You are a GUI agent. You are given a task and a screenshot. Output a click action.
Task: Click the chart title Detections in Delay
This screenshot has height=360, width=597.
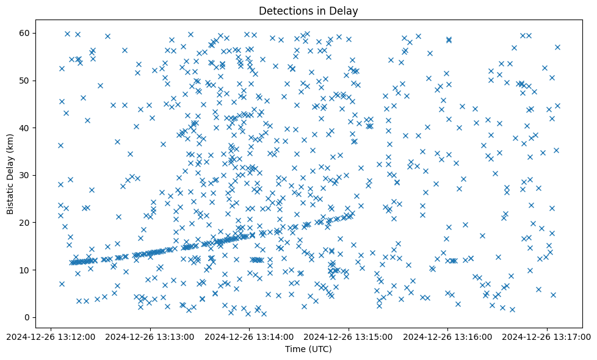click(x=308, y=10)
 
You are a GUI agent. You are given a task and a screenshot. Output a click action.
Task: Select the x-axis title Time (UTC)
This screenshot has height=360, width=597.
click(x=308, y=349)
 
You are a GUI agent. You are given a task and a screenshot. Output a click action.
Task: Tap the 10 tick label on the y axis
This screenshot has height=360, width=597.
click(x=26, y=270)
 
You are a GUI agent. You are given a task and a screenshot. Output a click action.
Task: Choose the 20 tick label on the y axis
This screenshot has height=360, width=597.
click(x=26, y=223)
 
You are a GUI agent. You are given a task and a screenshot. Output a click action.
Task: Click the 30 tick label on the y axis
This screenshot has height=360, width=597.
click(x=26, y=175)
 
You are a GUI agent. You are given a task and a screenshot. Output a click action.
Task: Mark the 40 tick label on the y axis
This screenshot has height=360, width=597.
click(x=26, y=128)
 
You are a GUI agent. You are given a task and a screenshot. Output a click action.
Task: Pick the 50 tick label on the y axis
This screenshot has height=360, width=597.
click(x=26, y=81)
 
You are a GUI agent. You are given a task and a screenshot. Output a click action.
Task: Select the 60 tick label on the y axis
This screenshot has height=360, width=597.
click(x=26, y=33)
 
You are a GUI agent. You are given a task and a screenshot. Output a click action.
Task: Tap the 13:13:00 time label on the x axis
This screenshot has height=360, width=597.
click(x=151, y=336)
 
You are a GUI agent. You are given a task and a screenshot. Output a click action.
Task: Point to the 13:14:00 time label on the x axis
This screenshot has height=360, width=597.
click(x=250, y=336)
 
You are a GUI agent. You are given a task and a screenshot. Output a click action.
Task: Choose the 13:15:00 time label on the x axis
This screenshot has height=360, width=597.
click(x=349, y=336)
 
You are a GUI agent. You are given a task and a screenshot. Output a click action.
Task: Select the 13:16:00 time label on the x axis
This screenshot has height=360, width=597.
click(x=448, y=336)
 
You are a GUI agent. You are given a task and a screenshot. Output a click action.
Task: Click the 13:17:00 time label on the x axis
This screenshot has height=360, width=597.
click(x=547, y=336)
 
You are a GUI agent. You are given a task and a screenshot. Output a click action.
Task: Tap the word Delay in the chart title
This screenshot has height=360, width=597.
click(x=344, y=10)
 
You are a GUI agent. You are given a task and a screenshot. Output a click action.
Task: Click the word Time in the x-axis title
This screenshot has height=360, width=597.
click(x=295, y=349)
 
